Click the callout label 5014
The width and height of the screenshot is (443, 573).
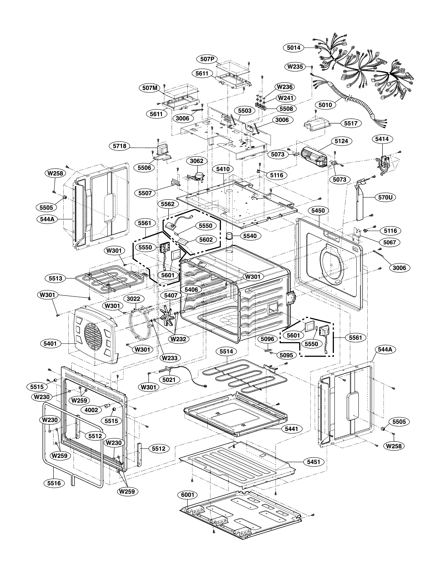click(x=293, y=48)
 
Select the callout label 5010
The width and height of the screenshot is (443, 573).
click(x=325, y=105)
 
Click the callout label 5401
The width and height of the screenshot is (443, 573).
click(x=50, y=343)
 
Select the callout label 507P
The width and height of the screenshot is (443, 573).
click(x=207, y=59)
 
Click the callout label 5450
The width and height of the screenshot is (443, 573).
click(x=318, y=211)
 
